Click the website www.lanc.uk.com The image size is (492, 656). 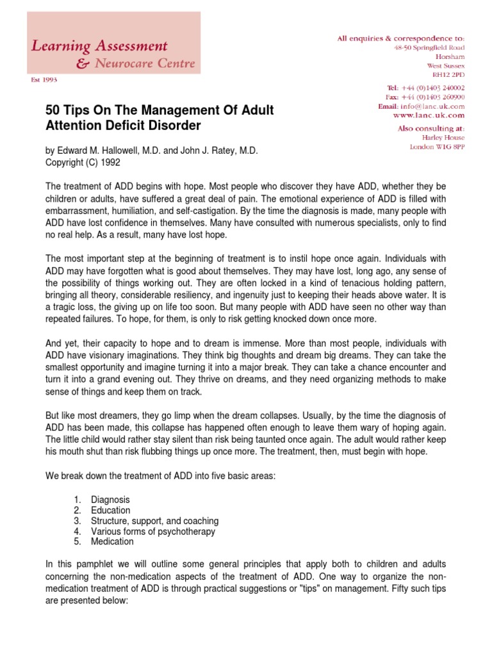428,116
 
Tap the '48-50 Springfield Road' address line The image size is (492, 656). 429,47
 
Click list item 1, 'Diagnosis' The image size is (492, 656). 110,500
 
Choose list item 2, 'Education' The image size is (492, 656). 110,511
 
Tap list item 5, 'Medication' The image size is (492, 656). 112,541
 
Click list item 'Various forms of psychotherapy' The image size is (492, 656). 153,531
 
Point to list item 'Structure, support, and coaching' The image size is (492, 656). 154,521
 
